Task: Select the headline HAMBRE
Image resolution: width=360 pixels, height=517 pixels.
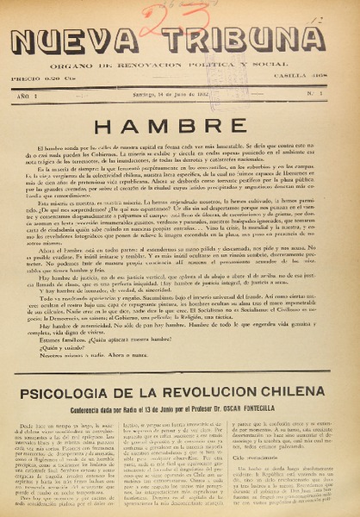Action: [x=180, y=127]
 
